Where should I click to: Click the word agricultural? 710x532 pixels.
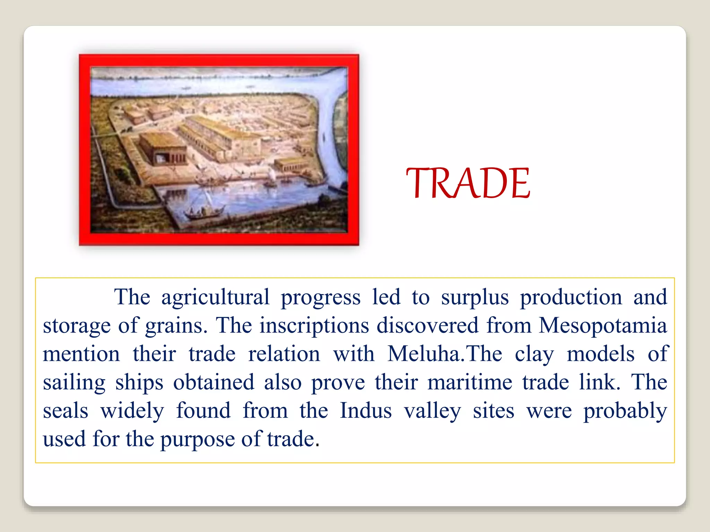coord(215,297)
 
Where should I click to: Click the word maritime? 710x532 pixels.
coord(470,382)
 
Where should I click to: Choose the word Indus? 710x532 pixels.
coord(366,411)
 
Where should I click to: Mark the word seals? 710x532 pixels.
coord(66,411)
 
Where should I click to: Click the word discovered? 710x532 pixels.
coord(427,326)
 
